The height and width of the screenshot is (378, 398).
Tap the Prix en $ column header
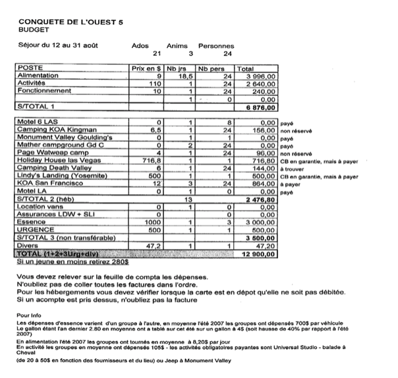pos(146,68)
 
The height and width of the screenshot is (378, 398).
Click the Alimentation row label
pos(39,76)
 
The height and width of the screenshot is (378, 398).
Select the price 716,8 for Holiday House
pos(153,159)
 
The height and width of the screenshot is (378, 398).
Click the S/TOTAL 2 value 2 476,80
pos(258,198)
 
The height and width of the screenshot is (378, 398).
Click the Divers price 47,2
pos(154,245)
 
